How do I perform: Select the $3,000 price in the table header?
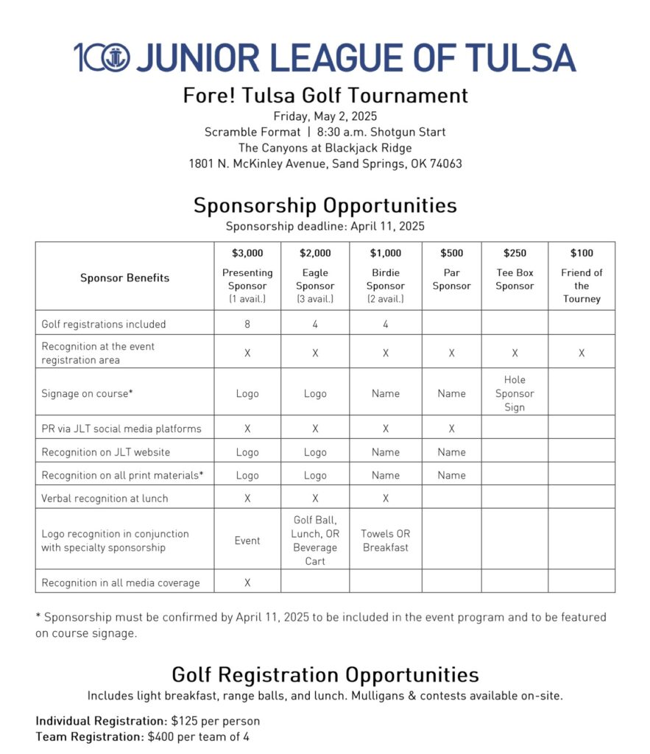(x=247, y=253)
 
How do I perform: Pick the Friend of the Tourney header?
(x=582, y=286)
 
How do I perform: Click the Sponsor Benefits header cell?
(x=124, y=278)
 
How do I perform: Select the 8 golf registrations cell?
(x=247, y=324)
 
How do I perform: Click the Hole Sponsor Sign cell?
(x=515, y=393)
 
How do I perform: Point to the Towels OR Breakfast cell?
(x=386, y=540)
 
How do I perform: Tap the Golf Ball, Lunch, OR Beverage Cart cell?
(x=315, y=540)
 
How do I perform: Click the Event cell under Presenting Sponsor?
(x=247, y=540)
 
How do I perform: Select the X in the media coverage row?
(x=247, y=582)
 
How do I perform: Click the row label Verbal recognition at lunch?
(x=105, y=498)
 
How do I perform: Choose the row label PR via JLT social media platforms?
(x=121, y=429)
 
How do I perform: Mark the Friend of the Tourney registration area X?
(x=582, y=353)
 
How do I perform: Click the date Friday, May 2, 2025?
(x=325, y=116)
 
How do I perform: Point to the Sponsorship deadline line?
(x=325, y=226)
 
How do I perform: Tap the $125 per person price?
(x=203, y=721)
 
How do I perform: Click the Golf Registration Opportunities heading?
(x=325, y=674)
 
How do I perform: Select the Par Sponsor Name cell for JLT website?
(x=451, y=452)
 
